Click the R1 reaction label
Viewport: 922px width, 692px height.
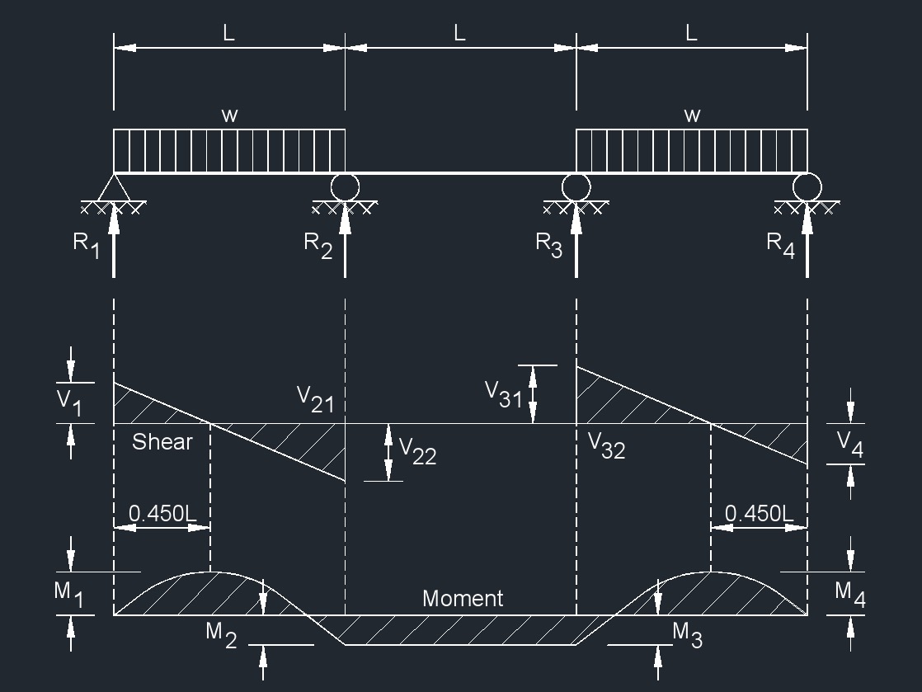click(87, 245)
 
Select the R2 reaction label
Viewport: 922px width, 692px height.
click(318, 245)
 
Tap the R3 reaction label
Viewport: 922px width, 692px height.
click(549, 245)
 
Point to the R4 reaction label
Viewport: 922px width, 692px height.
click(780, 245)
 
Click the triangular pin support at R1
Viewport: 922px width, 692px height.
click(114, 187)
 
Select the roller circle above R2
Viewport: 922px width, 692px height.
click(345, 186)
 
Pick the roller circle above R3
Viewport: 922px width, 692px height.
click(576, 186)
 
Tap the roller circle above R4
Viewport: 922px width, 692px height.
click(807, 186)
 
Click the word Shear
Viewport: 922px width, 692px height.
click(162, 442)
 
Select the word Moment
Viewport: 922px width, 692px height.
click(463, 599)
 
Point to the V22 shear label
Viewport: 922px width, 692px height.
click(417, 450)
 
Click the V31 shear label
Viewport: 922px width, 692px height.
click(503, 394)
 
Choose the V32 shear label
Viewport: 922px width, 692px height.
click(606, 445)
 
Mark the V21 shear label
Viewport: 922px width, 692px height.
click(315, 399)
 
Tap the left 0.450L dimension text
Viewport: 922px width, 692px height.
click(162, 513)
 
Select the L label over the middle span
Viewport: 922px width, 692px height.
click(460, 34)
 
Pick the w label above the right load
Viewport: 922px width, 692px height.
click(692, 115)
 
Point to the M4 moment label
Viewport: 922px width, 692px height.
click(849, 594)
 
